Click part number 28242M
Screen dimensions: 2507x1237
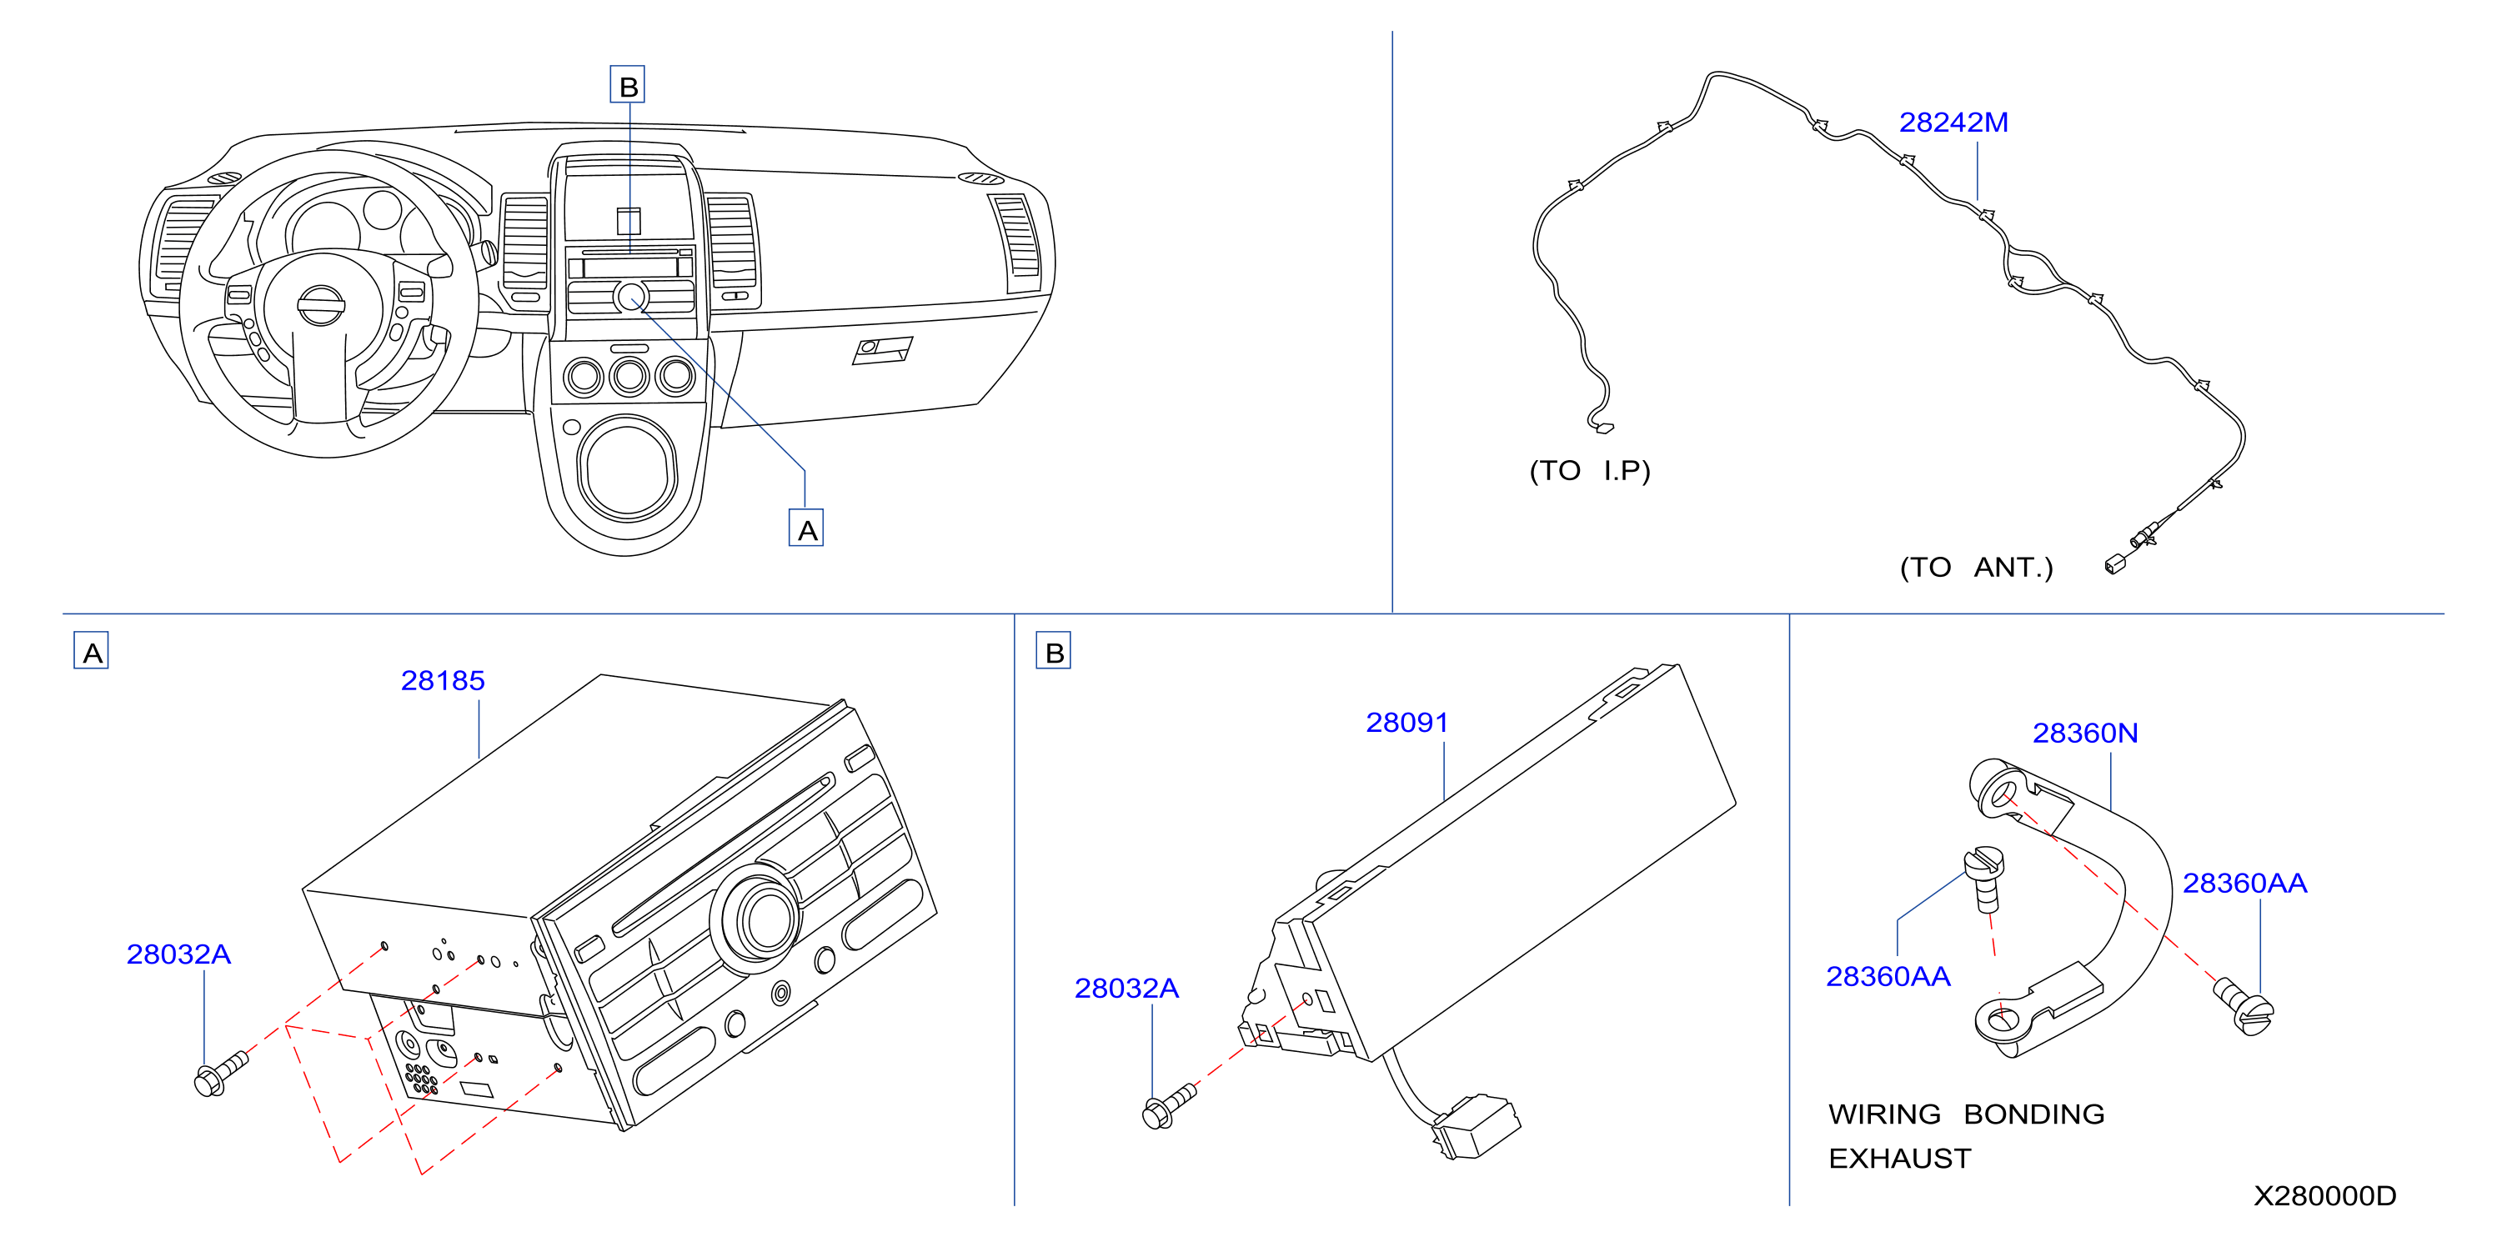point(1953,123)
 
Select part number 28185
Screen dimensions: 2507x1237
point(443,680)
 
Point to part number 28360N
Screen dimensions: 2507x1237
point(2084,733)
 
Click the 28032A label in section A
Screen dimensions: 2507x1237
point(179,954)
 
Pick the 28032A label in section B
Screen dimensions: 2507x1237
point(1126,988)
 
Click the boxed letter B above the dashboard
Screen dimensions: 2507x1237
point(628,86)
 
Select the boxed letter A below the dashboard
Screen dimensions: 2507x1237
point(807,528)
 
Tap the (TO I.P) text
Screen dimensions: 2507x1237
point(1590,471)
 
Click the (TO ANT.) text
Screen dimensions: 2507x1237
point(1977,568)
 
